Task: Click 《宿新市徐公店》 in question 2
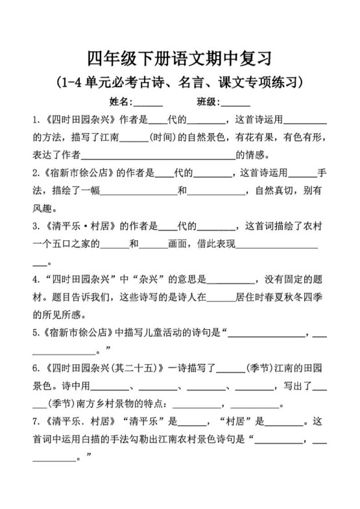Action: click(x=78, y=173)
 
